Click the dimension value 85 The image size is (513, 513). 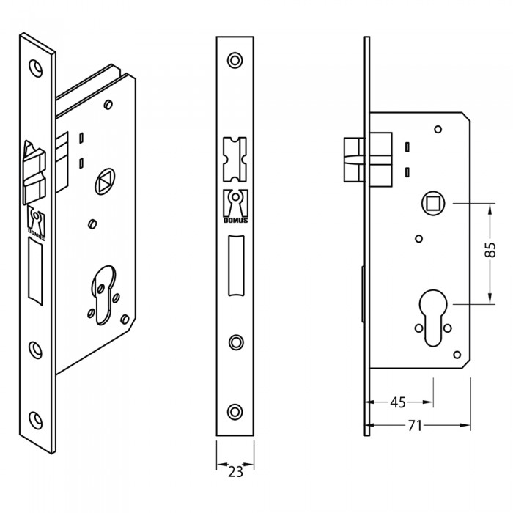tap(490, 250)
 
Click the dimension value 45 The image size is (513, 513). tap(398, 402)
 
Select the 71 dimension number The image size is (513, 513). tap(415, 426)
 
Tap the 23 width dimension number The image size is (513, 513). tap(235, 472)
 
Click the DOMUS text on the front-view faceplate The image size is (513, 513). tap(235, 221)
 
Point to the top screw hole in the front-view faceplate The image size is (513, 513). tap(235, 61)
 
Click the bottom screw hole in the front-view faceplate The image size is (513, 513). tap(235, 412)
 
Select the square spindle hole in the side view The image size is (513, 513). tap(433, 204)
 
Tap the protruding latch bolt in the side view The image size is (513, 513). tap(354, 160)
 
